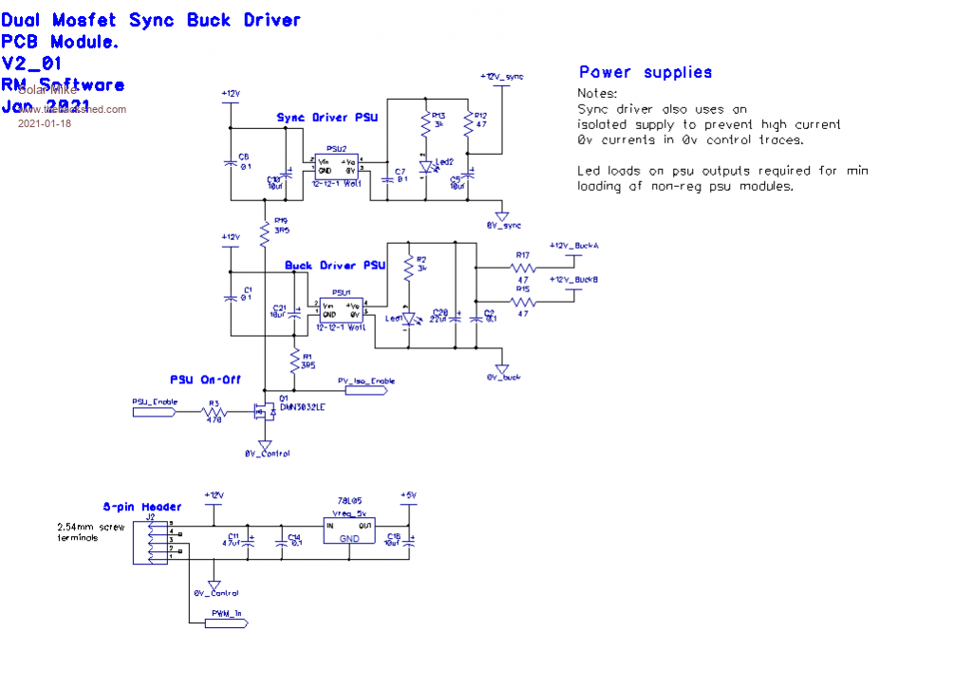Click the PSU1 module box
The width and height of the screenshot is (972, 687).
[341, 310]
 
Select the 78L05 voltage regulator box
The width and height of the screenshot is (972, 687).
[349, 530]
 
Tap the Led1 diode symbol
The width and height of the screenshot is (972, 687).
[408, 320]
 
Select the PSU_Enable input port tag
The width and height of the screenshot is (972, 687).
[155, 402]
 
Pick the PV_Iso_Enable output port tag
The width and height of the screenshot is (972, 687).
[366, 381]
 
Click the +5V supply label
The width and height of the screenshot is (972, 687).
[408, 495]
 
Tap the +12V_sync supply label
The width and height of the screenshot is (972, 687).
[502, 76]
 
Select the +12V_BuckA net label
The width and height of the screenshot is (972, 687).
[573, 246]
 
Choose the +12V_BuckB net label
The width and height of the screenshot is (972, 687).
[573, 279]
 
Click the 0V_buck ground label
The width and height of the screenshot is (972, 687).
[503, 378]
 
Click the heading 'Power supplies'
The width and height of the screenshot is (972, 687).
[645, 72]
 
